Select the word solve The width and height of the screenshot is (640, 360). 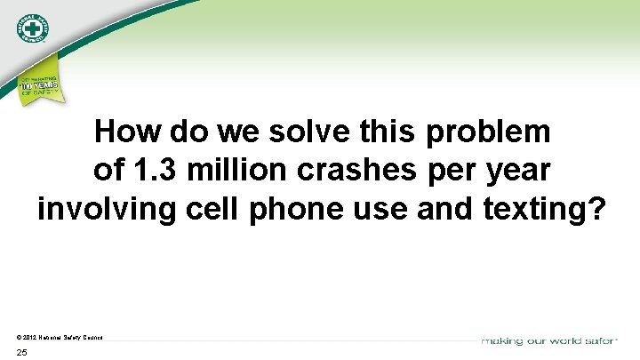coord(308,133)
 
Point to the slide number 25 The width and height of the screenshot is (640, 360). coord(21,353)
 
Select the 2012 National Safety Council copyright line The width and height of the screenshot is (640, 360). coord(60,338)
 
